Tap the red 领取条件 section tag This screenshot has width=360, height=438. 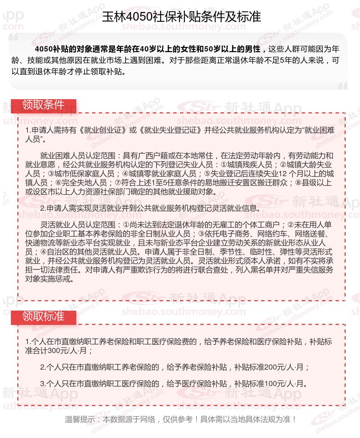point(44,105)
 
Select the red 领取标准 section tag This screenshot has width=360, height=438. point(44,317)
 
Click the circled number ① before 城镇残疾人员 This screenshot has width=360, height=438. point(224,165)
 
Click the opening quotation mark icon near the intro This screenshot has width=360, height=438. point(14,38)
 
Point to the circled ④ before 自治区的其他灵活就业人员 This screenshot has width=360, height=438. point(42,252)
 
